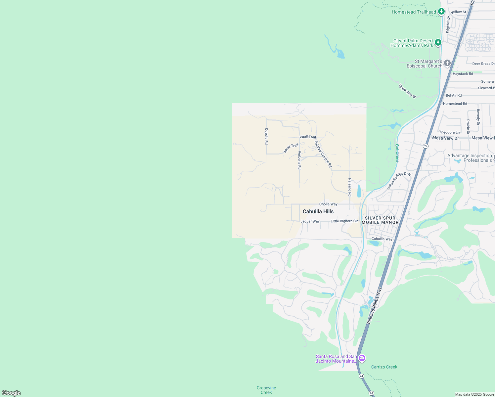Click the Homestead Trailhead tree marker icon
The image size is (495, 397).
tap(441, 12)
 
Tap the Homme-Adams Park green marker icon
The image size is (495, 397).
tap(438, 42)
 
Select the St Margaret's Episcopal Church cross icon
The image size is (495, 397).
tap(447, 63)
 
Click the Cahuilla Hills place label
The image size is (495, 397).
tap(318, 211)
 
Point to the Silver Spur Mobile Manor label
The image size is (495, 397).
tap(380, 220)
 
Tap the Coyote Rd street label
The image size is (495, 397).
tap(266, 136)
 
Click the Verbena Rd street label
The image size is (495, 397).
tap(299, 160)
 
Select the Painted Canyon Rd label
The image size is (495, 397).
tap(323, 154)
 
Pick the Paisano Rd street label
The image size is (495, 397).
tap(350, 187)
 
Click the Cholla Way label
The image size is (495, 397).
tap(328, 204)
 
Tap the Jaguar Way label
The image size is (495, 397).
tap(310, 221)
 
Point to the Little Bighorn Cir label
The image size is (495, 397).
tap(344, 221)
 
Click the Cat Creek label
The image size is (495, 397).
tap(397, 153)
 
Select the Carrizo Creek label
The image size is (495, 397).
tap(384, 367)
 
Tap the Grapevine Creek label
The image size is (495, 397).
tap(266, 390)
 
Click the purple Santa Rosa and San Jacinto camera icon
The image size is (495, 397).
tap(362, 358)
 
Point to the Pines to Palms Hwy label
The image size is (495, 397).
tap(375, 305)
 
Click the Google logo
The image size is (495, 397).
tap(11, 393)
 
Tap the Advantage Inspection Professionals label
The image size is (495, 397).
tap(470, 158)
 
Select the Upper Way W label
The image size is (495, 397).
tap(407, 91)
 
